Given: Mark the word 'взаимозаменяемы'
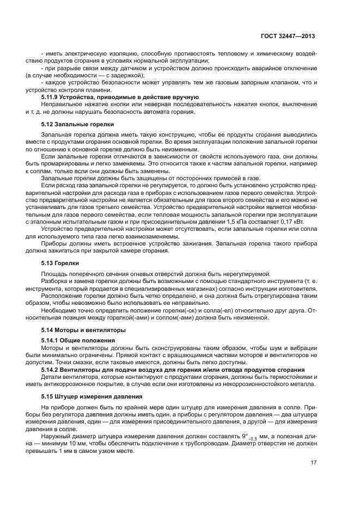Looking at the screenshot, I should pyautogui.click(x=148, y=237).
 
